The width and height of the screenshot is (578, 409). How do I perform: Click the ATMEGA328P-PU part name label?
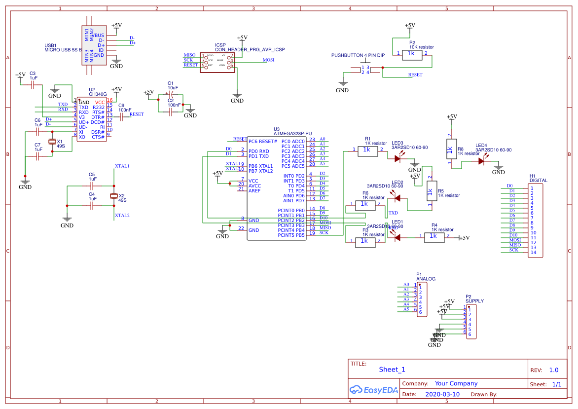(x=292, y=134)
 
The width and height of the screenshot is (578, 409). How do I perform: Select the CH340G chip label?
(x=98, y=94)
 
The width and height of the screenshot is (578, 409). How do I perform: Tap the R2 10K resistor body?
(x=412, y=54)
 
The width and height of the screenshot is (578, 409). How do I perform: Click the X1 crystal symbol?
(x=52, y=142)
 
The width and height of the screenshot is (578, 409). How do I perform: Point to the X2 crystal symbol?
(x=114, y=196)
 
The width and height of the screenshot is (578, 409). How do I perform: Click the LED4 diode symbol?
(x=481, y=160)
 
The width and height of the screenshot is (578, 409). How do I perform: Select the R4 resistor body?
(x=433, y=237)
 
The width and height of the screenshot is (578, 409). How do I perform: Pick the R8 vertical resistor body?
(x=449, y=149)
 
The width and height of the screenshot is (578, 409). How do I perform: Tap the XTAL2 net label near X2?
(x=122, y=216)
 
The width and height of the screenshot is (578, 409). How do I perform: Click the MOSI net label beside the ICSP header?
(x=268, y=60)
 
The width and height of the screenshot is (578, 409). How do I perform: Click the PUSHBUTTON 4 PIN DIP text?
(x=358, y=56)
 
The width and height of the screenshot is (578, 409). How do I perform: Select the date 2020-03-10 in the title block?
(x=442, y=394)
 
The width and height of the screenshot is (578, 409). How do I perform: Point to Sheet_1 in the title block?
(x=392, y=370)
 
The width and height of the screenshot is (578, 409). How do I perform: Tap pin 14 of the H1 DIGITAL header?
(x=533, y=253)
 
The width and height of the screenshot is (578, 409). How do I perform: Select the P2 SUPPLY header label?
(x=474, y=301)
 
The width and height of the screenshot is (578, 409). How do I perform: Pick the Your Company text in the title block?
(x=456, y=383)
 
